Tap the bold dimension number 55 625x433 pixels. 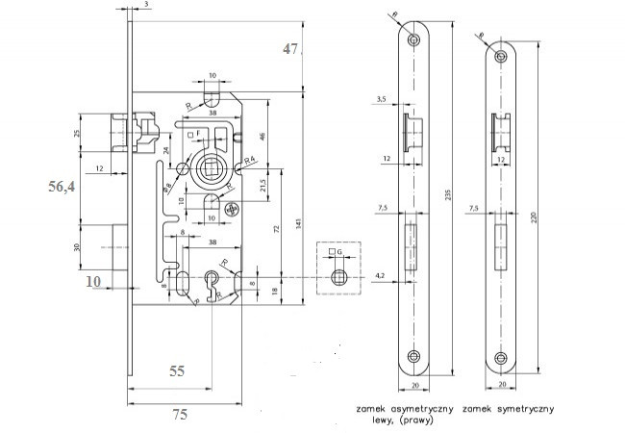click(x=179, y=369)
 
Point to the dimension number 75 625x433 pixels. click(x=179, y=415)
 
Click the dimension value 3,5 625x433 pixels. click(x=383, y=99)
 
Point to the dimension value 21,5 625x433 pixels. click(x=263, y=183)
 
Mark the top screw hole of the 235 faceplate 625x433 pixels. click(x=414, y=41)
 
